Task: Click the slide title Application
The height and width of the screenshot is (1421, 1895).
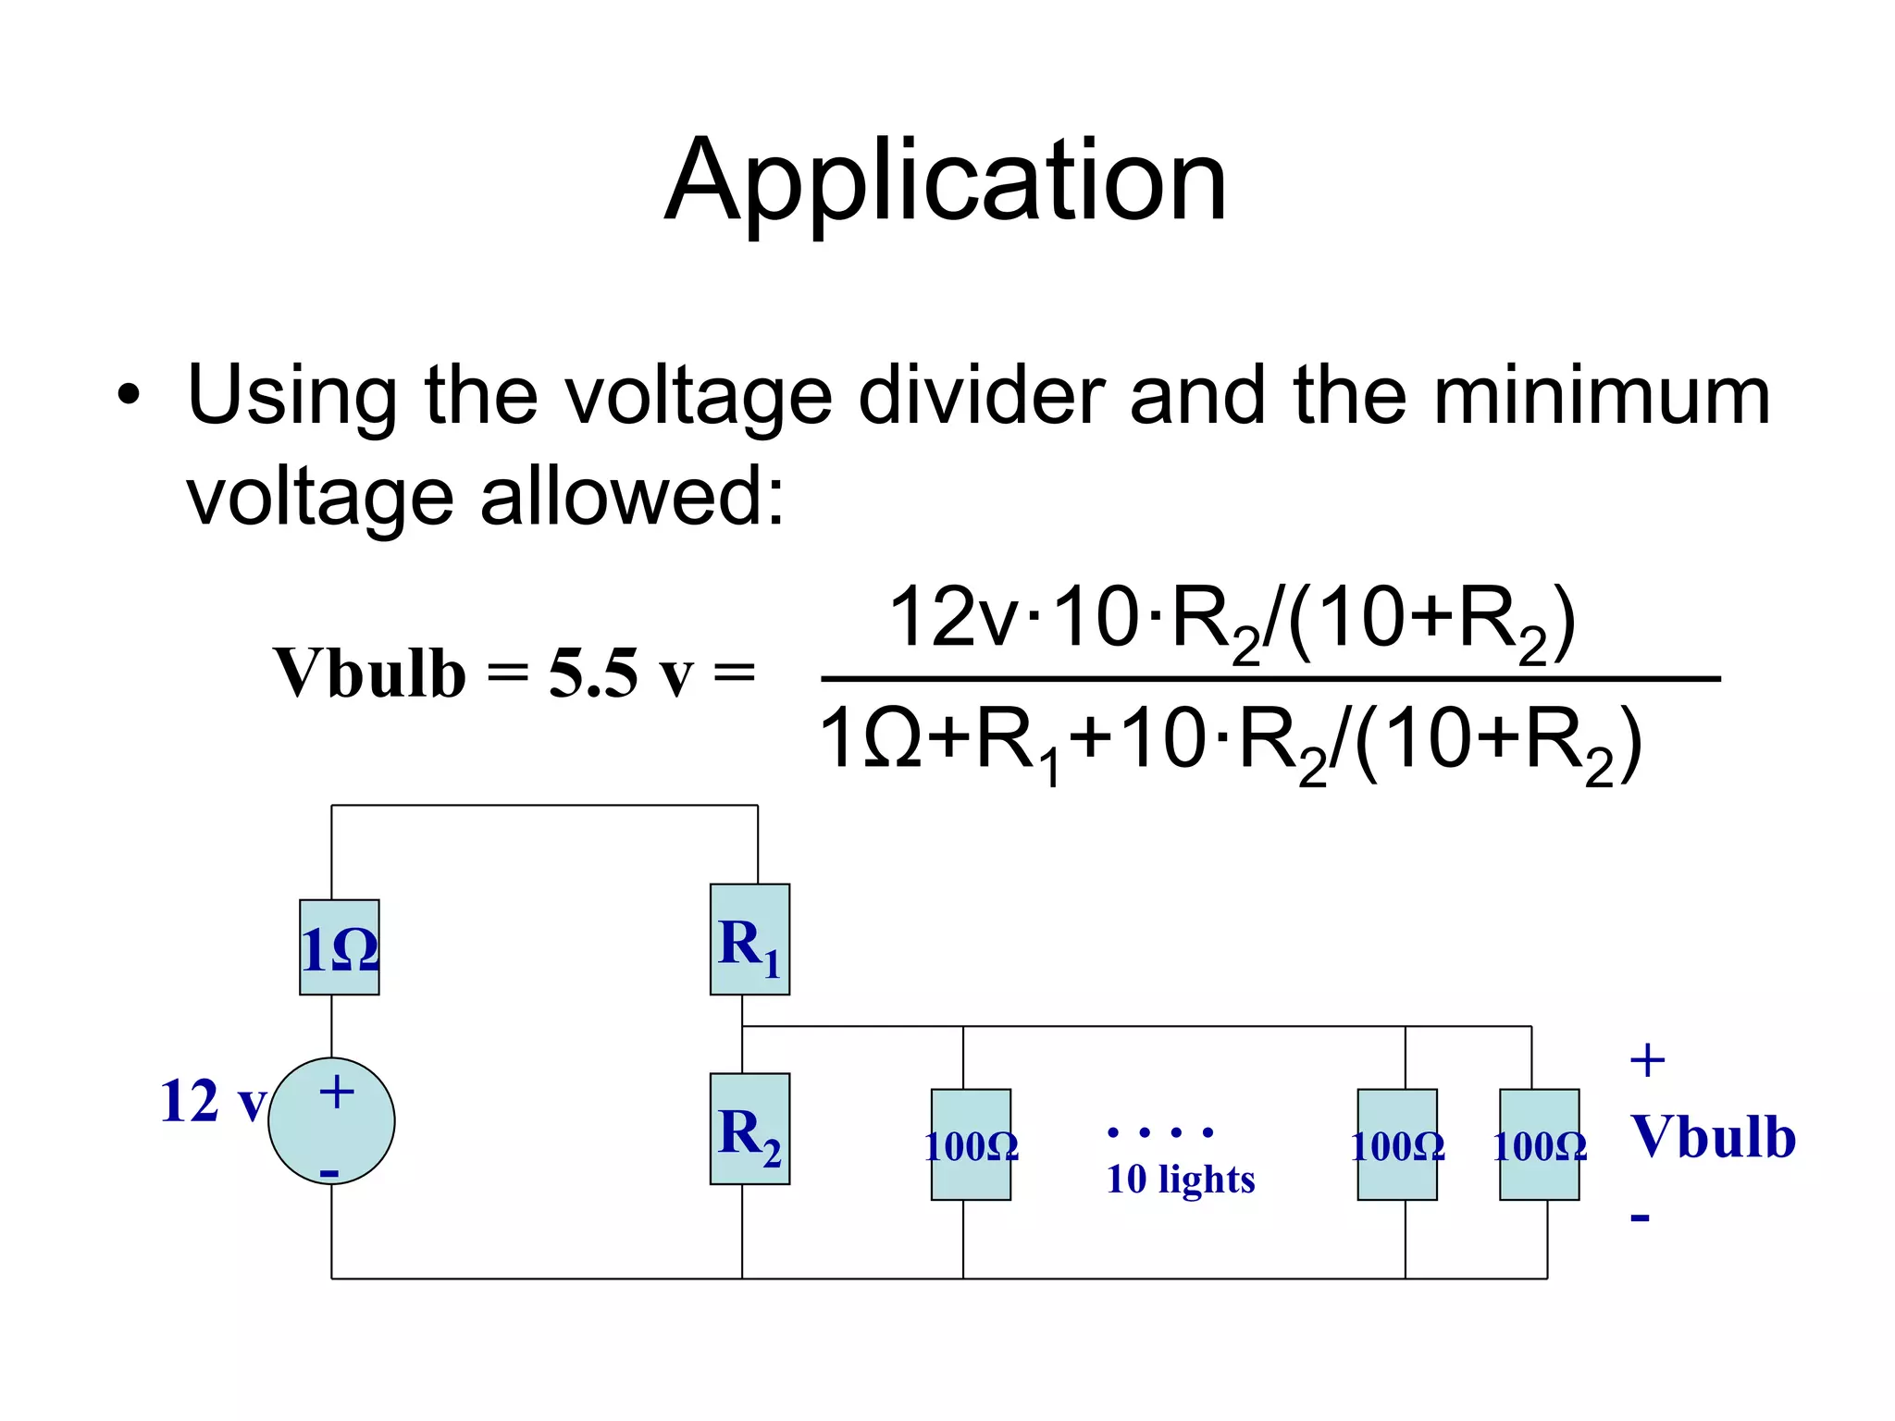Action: pyautogui.click(x=946, y=181)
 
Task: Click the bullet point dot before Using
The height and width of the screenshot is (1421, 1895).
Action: pyautogui.click(x=129, y=397)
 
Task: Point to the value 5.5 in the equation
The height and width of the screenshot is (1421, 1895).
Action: pyautogui.click(x=592, y=673)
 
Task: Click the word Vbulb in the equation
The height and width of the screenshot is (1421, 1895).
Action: pyautogui.click(x=369, y=673)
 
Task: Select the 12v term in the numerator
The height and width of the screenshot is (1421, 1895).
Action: pyautogui.click(x=953, y=617)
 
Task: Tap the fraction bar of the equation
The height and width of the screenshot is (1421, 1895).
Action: pyautogui.click(x=1270, y=679)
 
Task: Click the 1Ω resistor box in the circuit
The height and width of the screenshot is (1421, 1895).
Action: pyautogui.click(x=340, y=947)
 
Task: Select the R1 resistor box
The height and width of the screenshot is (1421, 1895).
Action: pyautogui.click(x=749, y=940)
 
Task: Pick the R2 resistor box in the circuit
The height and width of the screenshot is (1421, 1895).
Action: pyautogui.click(x=749, y=1129)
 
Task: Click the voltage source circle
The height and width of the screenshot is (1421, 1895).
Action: pyautogui.click(x=331, y=1121)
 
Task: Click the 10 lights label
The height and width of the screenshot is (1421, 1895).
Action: pyautogui.click(x=1181, y=1180)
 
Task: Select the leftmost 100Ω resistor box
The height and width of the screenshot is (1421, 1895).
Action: pyautogui.click(x=971, y=1144)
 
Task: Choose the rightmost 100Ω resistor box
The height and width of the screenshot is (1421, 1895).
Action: pyautogui.click(x=1539, y=1144)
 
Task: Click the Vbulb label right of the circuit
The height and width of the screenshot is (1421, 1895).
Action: pyautogui.click(x=1713, y=1137)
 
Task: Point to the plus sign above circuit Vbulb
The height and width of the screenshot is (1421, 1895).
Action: pyautogui.click(x=1647, y=1060)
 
